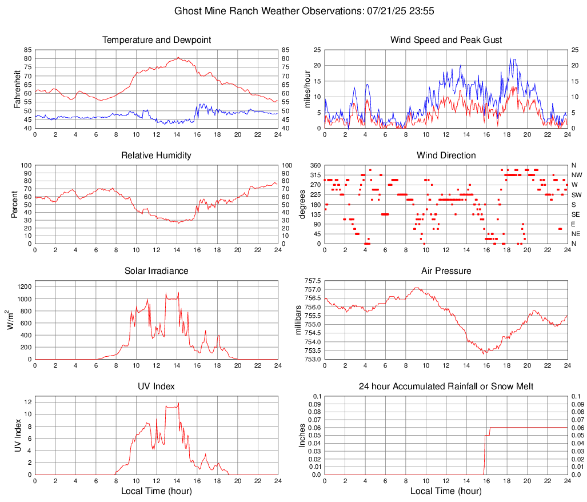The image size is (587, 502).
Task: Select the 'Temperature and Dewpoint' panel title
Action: [157, 40]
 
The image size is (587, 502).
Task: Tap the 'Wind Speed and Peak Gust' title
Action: [446, 40]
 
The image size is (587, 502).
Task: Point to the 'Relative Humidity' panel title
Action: [157, 156]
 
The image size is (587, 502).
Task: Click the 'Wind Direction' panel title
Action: [446, 156]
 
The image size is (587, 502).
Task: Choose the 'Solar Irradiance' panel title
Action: [157, 271]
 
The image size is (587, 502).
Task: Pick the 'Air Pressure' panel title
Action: [446, 271]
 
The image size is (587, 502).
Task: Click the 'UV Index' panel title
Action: [157, 387]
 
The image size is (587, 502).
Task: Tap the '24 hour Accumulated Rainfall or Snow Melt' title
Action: [446, 387]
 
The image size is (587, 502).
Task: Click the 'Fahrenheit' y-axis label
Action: [17, 89]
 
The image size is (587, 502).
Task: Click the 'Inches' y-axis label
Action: [302, 435]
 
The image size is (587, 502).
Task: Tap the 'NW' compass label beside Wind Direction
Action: [577, 175]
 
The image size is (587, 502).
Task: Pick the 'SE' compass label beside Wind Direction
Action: [576, 214]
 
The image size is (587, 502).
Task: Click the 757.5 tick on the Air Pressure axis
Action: [312, 281]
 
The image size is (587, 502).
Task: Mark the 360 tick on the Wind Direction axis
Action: [316, 165]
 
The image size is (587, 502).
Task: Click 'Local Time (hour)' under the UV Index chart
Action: [157, 491]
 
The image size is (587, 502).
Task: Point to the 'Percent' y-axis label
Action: [15, 204]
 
